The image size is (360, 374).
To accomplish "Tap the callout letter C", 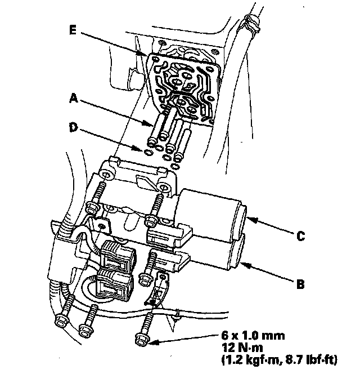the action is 301,236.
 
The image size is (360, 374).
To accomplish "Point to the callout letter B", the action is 301,284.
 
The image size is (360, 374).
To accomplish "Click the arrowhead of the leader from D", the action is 145,151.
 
